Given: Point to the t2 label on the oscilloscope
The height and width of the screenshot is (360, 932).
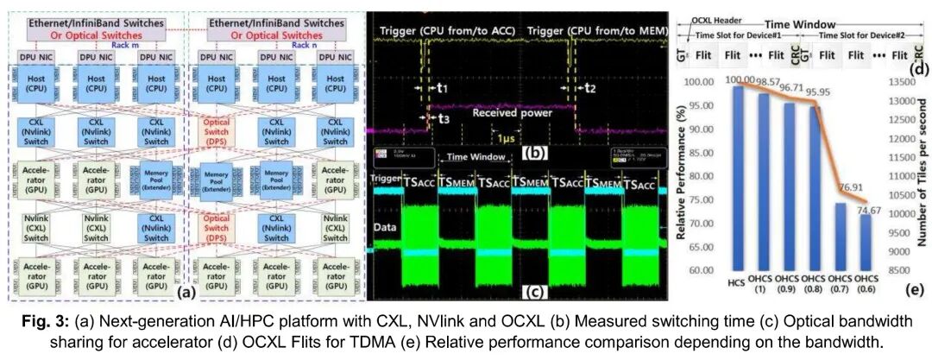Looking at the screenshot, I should click(589, 88).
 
